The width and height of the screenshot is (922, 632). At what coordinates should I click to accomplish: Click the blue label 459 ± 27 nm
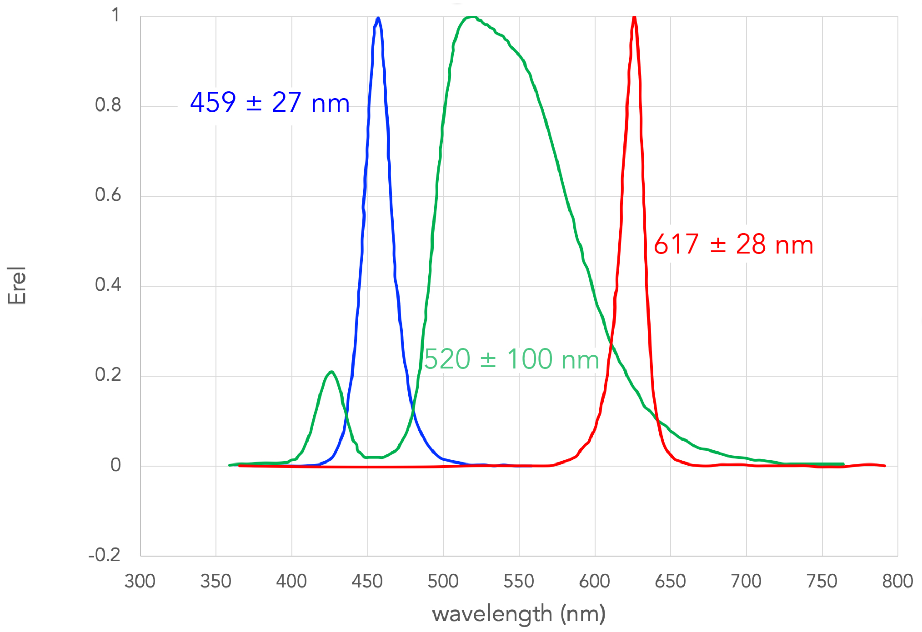tap(270, 103)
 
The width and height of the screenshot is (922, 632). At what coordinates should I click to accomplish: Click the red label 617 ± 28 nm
tap(733, 244)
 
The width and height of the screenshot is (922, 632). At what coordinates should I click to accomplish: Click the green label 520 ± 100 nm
tap(511, 359)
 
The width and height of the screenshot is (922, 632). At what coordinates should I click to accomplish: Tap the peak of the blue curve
tap(378, 19)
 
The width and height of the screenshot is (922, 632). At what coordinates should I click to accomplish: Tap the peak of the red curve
tap(634, 17)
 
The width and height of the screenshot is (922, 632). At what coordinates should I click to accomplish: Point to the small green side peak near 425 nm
tap(332, 372)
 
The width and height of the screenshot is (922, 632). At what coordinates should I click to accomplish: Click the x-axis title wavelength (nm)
tap(519, 614)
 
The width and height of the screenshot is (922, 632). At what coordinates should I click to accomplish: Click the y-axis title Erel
tap(17, 285)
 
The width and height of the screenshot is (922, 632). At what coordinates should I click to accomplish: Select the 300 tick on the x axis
tap(140, 582)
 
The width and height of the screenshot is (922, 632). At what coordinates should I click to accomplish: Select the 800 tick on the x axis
tap(897, 582)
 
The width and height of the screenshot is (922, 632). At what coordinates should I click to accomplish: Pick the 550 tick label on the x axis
tap(519, 582)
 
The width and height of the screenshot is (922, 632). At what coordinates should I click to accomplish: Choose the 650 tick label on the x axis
tap(670, 582)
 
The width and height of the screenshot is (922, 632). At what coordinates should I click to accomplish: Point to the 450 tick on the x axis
tap(367, 582)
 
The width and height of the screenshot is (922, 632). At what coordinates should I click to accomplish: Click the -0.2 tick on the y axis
tap(105, 555)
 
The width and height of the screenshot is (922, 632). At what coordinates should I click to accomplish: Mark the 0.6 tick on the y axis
tap(108, 195)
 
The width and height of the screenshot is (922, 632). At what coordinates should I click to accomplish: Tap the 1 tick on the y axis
tap(116, 15)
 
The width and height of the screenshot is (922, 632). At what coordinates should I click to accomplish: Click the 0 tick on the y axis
tap(115, 465)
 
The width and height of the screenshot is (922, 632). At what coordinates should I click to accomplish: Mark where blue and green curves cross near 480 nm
tap(413, 411)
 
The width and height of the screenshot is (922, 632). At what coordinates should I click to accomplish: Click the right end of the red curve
tap(884, 466)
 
